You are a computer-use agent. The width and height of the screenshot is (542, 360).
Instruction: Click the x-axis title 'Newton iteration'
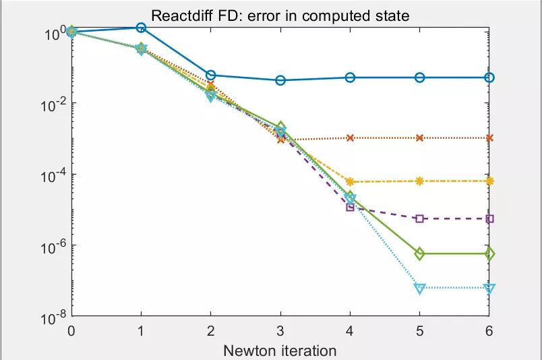pyautogui.click(x=280, y=350)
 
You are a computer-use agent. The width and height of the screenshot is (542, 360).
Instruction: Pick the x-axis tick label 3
pyautogui.click(x=280, y=331)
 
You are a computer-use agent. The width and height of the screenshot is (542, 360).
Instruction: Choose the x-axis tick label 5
pyautogui.click(x=420, y=331)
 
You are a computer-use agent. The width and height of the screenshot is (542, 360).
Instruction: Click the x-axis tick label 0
pyautogui.click(x=71, y=331)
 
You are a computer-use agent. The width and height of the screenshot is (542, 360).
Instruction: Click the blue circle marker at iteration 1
pyautogui.click(x=141, y=28)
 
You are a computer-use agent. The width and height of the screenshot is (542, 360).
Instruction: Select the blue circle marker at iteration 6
pyautogui.click(x=489, y=78)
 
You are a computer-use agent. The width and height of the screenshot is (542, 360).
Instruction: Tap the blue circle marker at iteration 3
pyautogui.click(x=280, y=80)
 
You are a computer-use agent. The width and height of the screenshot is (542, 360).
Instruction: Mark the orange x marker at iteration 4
pyautogui.click(x=350, y=138)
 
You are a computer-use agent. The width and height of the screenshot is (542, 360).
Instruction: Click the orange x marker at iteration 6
pyautogui.click(x=489, y=138)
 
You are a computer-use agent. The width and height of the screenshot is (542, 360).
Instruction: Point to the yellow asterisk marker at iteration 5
pyautogui.click(x=420, y=181)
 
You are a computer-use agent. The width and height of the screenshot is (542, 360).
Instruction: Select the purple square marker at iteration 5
pyautogui.click(x=420, y=218)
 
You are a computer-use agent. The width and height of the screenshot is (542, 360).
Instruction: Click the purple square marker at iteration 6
pyautogui.click(x=489, y=218)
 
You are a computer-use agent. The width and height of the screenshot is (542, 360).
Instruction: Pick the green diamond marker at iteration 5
pyautogui.click(x=420, y=253)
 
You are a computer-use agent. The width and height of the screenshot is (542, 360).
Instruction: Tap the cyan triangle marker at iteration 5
pyautogui.click(x=420, y=289)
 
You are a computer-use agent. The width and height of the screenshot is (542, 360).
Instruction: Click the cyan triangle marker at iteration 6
pyautogui.click(x=489, y=289)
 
